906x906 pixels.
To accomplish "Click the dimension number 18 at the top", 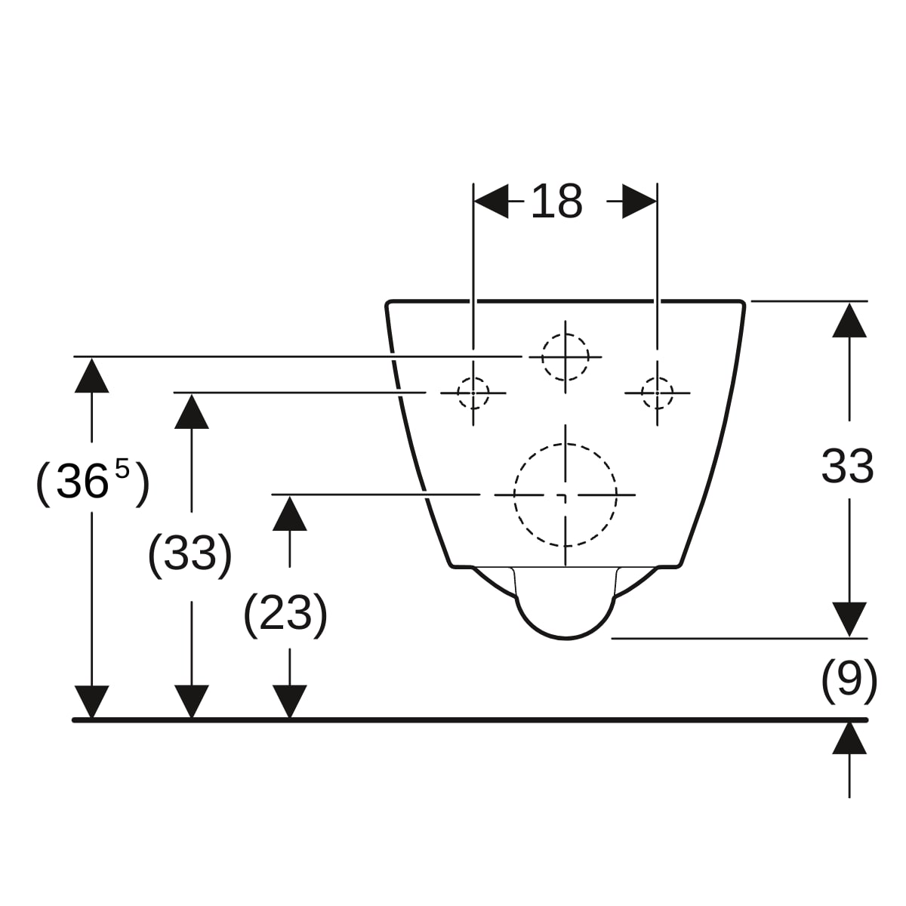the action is [x=557, y=202].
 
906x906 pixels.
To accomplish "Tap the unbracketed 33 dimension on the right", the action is [x=847, y=467].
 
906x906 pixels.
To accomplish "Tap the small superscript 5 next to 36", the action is [x=122, y=469].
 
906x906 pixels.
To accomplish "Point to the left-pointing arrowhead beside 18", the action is [x=491, y=202].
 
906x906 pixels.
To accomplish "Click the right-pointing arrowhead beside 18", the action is [x=639, y=202].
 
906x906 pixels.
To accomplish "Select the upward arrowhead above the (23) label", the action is [x=290, y=513].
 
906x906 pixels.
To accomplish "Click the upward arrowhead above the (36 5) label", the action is [x=91, y=375].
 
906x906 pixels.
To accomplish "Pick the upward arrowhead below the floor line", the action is [x=849, y=739].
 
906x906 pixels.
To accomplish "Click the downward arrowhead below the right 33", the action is [x=849, y=620].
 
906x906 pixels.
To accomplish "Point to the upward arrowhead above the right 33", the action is [x=849, y=320].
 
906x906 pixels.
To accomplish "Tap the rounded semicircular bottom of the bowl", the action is [x=565, y=639].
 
